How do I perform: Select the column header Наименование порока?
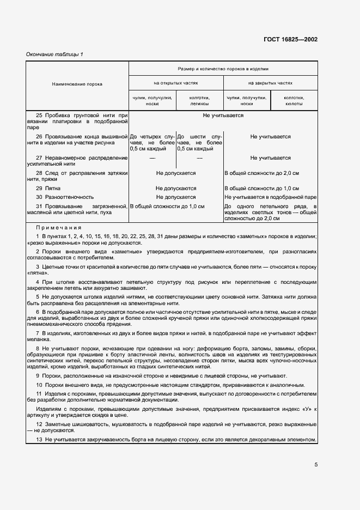tap(77, 84)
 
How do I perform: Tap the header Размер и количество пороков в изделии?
tap(223, 69)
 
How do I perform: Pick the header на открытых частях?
tap(175, 83)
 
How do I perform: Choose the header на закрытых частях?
tap(270, 83)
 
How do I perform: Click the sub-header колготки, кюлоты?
tap(294, 100)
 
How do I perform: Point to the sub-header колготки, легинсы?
tap(199, 100)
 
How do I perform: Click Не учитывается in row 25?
tap(223, 116)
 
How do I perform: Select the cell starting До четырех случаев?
tap(151, 142)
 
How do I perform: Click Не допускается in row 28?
tap(176, 173)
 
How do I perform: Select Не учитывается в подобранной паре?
tap(271, 197)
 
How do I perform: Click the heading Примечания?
tap(59, 228)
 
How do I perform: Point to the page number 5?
tap(316, 464)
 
